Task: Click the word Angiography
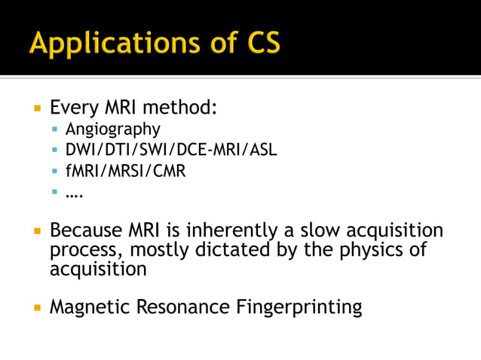(x=112, y=129)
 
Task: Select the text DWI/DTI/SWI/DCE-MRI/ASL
(x=171, y=150)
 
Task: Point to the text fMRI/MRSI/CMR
(x=125, y=171)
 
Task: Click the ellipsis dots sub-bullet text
(x=74, y=194)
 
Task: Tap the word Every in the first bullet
(x=73, y=107)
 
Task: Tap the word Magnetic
(x=86, y=307)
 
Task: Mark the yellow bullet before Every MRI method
(x=36, y=108)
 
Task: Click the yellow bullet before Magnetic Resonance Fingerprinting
(x=36, y=307)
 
